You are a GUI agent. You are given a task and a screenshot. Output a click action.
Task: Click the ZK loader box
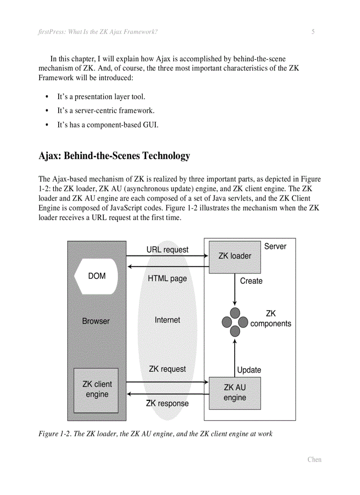coord(235,257)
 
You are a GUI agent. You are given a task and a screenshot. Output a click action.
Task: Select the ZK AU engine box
coord(235,393)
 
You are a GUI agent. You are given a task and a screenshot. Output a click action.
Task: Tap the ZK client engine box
coord(96,390)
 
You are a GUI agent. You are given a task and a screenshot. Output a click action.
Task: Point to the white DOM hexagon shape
coord(97,276)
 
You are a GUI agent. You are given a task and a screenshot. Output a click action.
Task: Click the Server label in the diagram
coord(275,246)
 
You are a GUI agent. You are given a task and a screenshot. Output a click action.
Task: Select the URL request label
coord(167,249)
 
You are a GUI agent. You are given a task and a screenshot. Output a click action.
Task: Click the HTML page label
coord(167,279)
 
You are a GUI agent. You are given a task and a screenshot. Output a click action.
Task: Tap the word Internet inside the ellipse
coord(167,320)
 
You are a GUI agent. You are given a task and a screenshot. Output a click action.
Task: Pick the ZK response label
coord(167,403)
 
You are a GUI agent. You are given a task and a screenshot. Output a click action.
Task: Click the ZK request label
coord(167,369)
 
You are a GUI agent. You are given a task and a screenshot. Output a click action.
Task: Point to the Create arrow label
coord(251,281)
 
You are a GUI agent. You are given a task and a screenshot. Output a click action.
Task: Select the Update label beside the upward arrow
coord(249,370)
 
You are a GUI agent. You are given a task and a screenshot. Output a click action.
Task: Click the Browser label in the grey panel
coord(96,321)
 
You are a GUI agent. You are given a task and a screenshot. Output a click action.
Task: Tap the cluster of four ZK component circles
coord(235,323)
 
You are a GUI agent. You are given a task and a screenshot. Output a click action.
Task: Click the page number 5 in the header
coord(313,32)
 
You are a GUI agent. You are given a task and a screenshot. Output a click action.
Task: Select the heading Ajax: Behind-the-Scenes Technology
coord(114,156)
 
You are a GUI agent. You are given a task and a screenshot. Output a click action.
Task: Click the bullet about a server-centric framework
coord(106,111)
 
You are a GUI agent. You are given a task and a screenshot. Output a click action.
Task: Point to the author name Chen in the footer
coord(314,459)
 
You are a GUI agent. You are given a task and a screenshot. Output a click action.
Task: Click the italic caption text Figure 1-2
coord(155,434)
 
